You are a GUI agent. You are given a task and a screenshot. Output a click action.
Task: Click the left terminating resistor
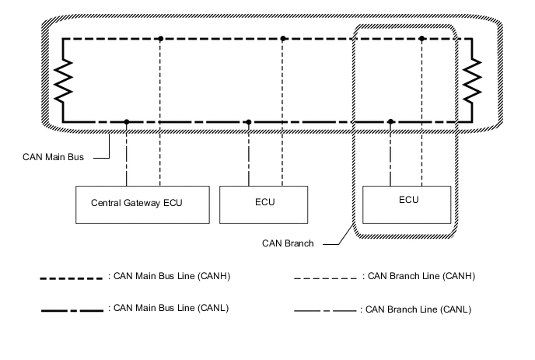click(63, 79)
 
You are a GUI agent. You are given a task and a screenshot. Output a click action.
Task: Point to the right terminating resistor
click(471, 79)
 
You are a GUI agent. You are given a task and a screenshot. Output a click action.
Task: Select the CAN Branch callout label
click(288, 243)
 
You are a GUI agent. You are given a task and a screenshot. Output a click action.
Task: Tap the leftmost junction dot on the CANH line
click(160, 38)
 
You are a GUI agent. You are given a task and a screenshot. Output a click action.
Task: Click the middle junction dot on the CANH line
click(283, 38)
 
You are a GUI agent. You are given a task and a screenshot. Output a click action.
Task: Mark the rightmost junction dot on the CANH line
click(421, 38)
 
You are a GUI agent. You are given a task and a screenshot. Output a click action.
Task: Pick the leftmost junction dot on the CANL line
click(127, 121)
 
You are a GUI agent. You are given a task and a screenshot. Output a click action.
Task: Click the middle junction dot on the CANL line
click(248, 121)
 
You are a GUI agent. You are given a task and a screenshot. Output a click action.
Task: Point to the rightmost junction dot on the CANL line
click(390, 121)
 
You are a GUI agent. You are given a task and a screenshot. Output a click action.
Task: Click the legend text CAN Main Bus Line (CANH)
click(172, 276)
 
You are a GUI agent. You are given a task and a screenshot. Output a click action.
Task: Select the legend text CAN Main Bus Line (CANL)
click(172, 308)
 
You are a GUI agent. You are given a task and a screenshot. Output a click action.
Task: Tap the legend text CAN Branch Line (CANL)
click(416, 309)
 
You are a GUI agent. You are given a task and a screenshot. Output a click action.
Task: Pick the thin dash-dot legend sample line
click(325, 310)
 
